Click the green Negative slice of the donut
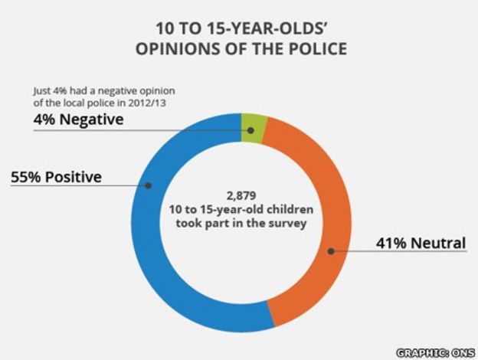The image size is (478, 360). [252, 126]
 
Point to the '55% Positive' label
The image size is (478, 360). [57, 178]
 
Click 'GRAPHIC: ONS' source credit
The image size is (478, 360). [434, 352]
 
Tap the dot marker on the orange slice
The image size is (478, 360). [330, 250]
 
